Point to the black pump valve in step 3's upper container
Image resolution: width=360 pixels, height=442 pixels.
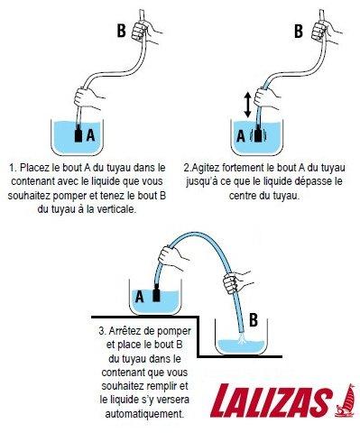155,295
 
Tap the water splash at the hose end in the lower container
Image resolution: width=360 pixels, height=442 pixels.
242,344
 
